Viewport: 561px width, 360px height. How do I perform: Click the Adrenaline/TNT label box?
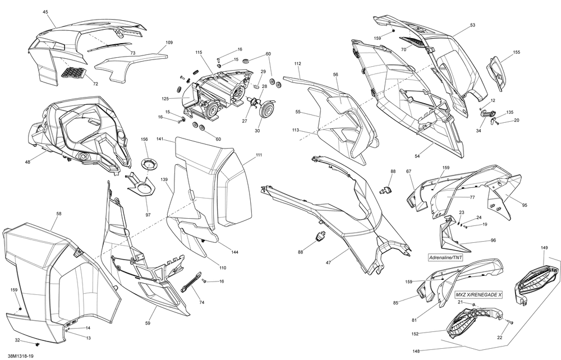tap(446, 257)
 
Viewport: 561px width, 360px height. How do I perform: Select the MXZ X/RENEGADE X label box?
tap(479, 295)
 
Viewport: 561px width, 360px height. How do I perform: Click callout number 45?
tap(45, 12)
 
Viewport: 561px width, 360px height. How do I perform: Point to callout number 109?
tap(169, 42)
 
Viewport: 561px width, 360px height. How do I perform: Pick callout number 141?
tap(160, 139)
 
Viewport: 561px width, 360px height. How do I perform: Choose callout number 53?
tap(472, 25)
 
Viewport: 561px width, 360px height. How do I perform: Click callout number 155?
tap(516, 52)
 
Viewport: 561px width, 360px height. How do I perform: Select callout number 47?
tap(328, 263)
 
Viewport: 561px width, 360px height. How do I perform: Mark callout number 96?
tap(493, 241)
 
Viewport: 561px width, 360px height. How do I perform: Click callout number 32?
tap(17, 340)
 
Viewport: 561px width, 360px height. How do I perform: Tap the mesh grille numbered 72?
tap(73, 73)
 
